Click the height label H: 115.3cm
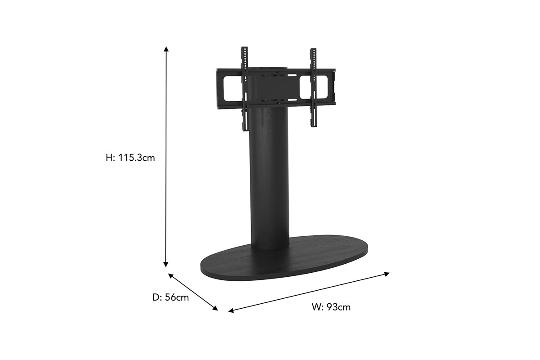pyautogui.click(x=130, y=158)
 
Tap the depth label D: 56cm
pyautogui.click(x=171, y=297)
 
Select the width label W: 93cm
pyautogui.click(x=331, y=307)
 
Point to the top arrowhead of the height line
pyautogui.click(x=166, y=49)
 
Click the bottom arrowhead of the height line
pyautogui.click(x=166, y=265)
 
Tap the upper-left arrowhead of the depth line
pyautogui.click(x=171, y=275)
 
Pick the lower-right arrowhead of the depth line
pyautogui.click(x=215, y=308)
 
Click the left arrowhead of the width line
pyautogui.click(x=231, y=310)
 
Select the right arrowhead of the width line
pyautogui.click(x=387, y=274)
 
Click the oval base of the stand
pyautogui.click(x=284, y=261)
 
